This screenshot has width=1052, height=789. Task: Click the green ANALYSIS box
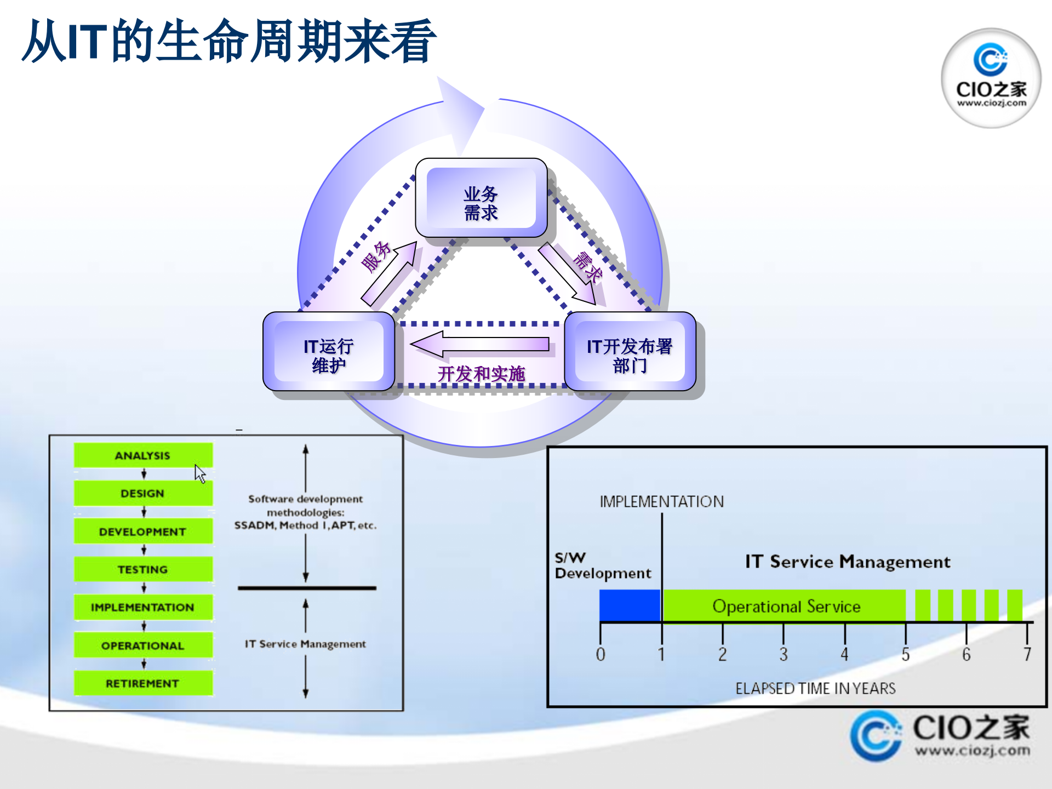(x=143, y=455)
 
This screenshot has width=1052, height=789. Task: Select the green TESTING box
(x=143, y=569)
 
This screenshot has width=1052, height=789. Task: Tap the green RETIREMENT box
(x=143, y=683)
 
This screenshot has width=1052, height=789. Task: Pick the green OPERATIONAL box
(x=143, y=645)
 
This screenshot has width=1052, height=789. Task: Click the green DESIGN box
(x=143, y=493)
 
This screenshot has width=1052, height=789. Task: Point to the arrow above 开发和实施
(x=480, y=344)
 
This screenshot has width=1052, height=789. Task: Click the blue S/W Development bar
(x=630, y=605)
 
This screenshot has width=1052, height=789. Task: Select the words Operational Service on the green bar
(x=786, y=607)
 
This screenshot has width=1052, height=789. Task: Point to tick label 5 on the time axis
(x=906, y=654)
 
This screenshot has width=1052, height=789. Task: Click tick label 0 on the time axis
(x=601, y=654)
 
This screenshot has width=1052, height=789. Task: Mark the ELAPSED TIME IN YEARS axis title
(x=815, y=689)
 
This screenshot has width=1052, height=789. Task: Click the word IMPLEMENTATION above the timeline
(x=662, y=501)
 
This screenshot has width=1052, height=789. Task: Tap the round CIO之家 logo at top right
(x=991, y=78)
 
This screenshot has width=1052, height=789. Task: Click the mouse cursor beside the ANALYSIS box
(x=200, y=473)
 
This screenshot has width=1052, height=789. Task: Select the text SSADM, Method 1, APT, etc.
(x=305, y=525)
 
